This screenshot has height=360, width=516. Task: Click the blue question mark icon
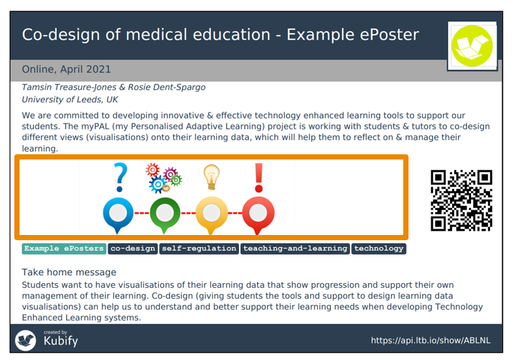(120, 178)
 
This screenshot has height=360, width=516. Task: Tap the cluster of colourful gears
(164, 178)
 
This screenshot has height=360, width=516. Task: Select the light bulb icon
(211, 177)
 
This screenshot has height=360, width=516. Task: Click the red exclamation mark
(259, 178)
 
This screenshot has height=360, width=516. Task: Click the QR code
(461, 201)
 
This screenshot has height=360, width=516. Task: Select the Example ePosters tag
(64, 249)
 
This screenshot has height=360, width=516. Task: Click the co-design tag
(133, 249)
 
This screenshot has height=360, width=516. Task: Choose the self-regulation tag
(199, 249)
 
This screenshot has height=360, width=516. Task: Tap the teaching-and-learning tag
(295, 249)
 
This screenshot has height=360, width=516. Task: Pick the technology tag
(379, 249)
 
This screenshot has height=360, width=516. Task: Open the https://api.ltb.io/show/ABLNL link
(431, 340)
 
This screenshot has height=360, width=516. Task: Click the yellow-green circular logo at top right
(472, 46)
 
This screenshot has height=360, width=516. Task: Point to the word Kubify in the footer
(61, 341)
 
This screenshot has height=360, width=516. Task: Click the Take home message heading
(69, 272)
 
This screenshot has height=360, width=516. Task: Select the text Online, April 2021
(66, 70)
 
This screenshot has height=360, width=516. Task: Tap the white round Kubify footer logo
(25, 340)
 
